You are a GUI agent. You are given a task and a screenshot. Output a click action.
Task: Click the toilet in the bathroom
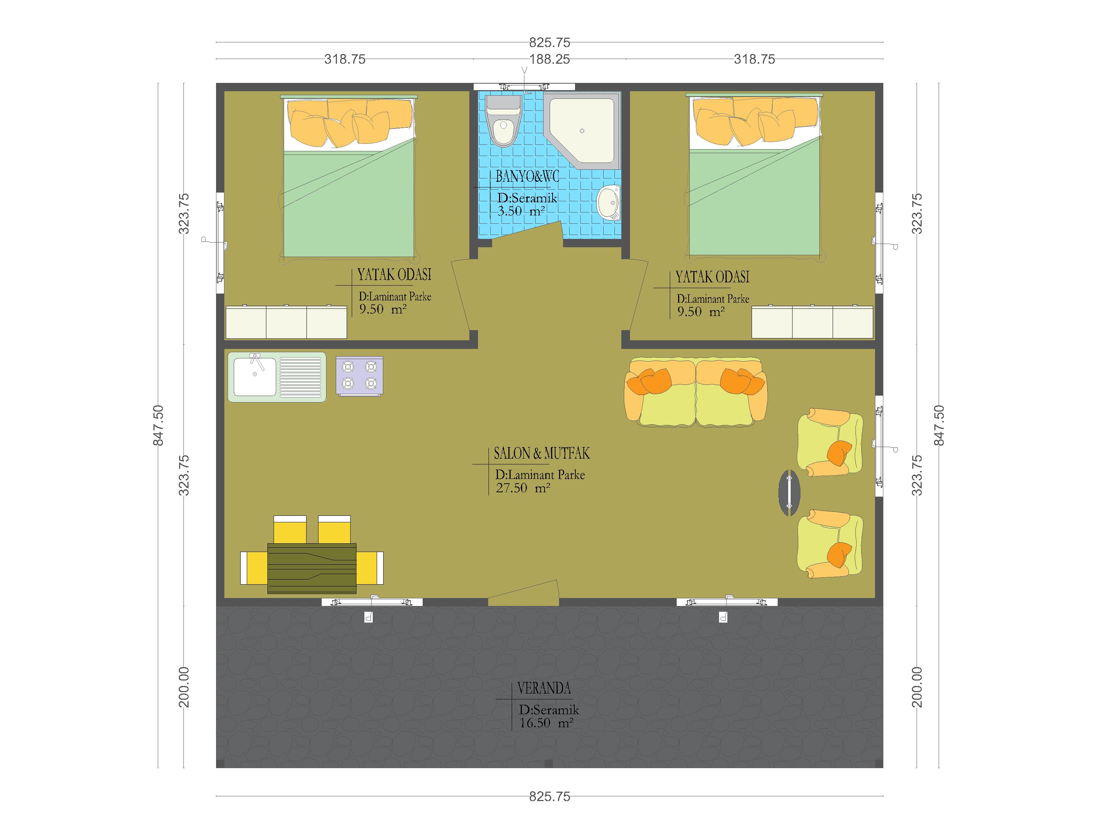(503, 121)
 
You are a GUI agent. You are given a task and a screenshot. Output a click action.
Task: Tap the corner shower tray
(582, 131)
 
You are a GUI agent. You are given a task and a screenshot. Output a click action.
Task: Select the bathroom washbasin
(609, 203)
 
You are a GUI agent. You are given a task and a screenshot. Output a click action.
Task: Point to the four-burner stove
(359, 376)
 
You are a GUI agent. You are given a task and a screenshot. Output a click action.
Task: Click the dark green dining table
(312, 568)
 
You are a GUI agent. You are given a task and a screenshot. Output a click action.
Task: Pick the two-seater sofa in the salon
(696, 392)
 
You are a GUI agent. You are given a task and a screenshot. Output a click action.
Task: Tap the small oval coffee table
(789, 493)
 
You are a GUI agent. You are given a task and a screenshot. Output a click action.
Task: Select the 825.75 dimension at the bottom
(549, 797)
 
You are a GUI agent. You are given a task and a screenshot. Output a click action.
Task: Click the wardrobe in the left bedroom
(286, 322)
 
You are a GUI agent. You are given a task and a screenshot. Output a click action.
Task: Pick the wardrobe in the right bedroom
(812, 322)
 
